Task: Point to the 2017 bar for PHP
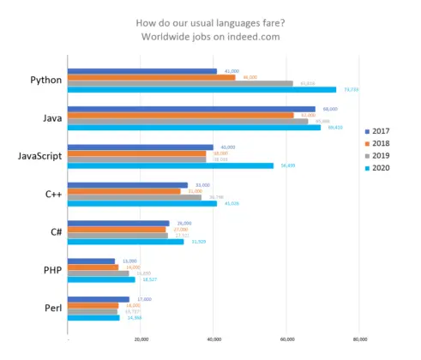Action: [90, 261]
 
